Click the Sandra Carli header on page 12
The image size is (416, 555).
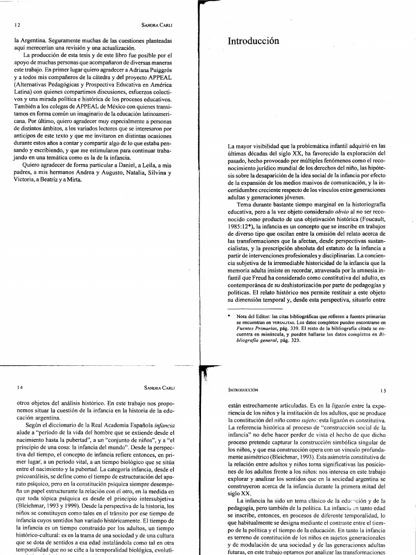click(x=157, y=25)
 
